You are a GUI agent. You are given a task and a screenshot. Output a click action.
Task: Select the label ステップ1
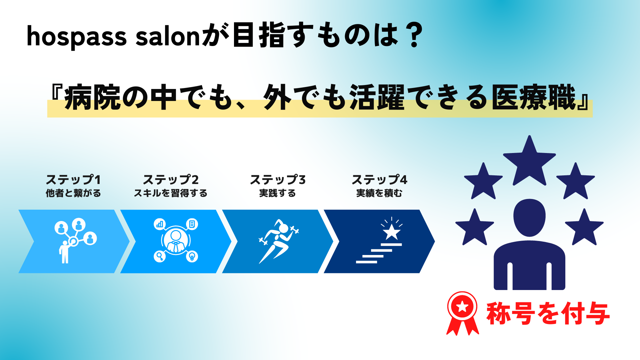coord(73,180)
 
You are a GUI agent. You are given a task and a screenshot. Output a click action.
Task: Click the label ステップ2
coord(171,180)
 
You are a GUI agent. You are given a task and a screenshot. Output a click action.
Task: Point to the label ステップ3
coord(278,180)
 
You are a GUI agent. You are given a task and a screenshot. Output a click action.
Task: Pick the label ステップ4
coord(379,180)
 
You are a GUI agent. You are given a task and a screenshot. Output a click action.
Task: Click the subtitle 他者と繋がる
coord(73,193)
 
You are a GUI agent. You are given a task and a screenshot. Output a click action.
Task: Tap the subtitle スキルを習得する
coord(171,193)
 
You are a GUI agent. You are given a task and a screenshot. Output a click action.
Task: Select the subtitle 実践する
coord(278,193)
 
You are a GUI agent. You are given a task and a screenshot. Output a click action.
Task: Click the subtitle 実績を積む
coord(379,193)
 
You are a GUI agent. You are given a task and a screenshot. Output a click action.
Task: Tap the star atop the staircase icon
coord(391,231)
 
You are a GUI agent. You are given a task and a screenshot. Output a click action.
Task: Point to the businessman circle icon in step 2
coord(176,240)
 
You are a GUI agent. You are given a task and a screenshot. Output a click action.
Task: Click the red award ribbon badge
coord(462,313)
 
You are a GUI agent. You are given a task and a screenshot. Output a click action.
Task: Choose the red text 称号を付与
coord(548,313)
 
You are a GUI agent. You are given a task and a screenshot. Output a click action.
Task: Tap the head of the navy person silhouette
coord(529,218)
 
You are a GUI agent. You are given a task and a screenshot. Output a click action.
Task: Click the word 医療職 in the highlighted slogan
coord(534,97)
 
